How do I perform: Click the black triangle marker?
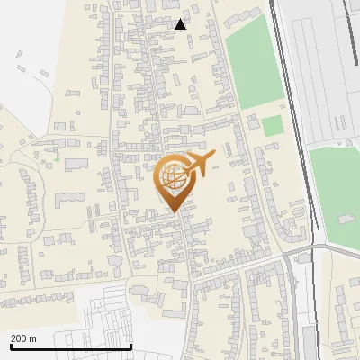[x=181, y=24]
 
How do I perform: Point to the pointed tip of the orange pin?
[x=175, y=211]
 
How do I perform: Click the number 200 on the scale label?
[x=20, y=338]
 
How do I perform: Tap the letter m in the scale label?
[x=34, y=338]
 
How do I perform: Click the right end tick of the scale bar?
[x=131, y=346]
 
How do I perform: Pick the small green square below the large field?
[x=272, y=126]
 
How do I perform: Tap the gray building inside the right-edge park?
[x=345, y=219]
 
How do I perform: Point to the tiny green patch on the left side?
[x=56, y=159]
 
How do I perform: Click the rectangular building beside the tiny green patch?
[x=76, y=164]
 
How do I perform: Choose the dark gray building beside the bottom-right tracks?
[x=310, y=340]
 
